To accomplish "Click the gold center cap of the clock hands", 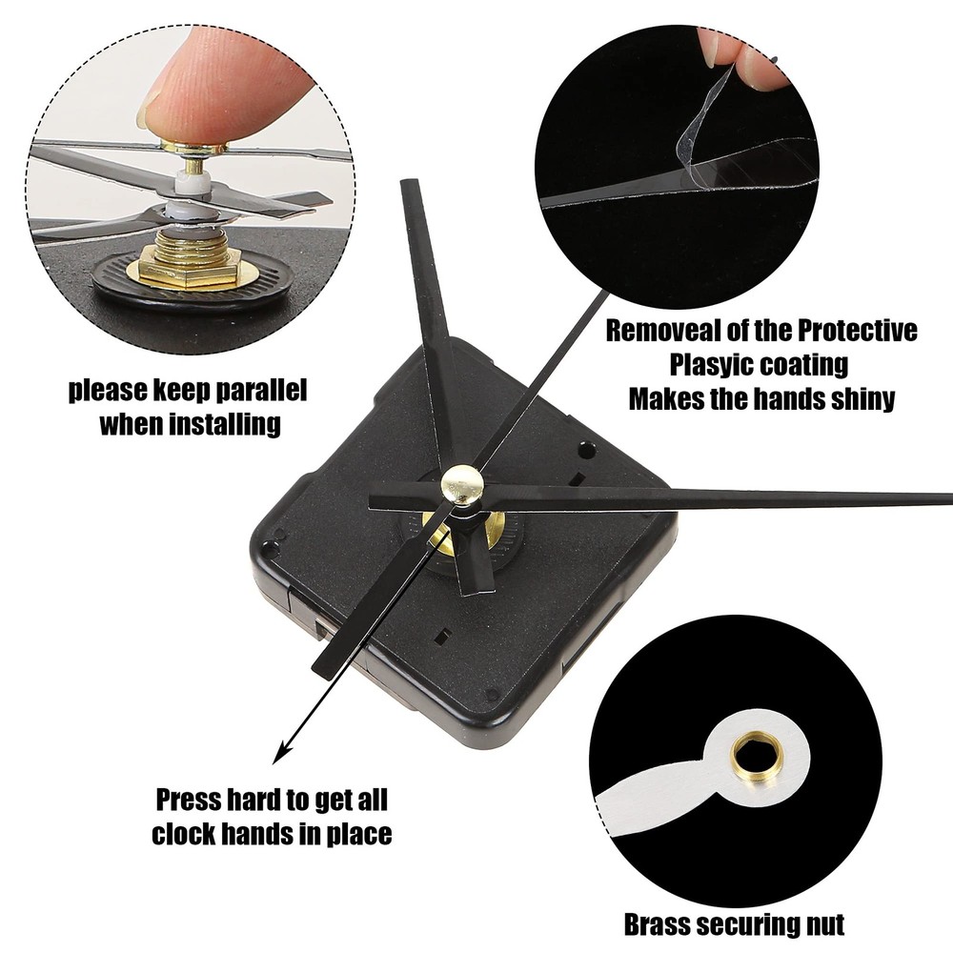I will (x=463, y=484).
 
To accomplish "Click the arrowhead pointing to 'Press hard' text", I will (x=280, y=755).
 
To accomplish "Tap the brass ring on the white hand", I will (x=752, y=759).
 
